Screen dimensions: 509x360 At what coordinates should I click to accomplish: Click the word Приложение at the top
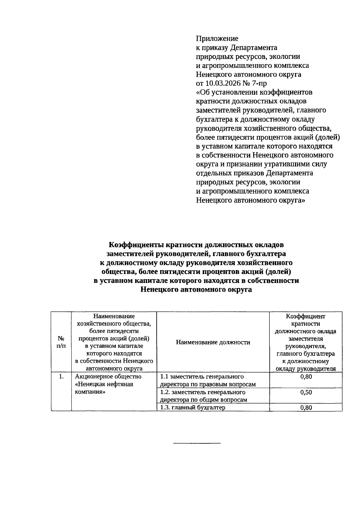point(217,38)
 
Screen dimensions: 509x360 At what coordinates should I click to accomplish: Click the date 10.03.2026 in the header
point(223,83)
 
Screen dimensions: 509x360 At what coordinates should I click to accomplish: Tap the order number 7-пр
point(258,83)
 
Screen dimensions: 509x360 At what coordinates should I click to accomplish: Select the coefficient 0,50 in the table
point(306,392)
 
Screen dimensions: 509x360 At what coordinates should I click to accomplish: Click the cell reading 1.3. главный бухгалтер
point(193,407)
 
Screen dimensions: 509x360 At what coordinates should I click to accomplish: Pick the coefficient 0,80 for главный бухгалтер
point(306,408)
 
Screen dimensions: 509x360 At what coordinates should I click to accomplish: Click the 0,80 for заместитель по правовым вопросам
point(306,377)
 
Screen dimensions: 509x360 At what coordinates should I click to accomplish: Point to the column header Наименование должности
point(213,342)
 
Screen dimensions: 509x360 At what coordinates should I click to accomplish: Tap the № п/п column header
point(61,342)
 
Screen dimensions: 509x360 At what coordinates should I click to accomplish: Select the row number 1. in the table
point(61,377)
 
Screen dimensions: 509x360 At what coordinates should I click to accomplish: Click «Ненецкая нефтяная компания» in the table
point(104,388)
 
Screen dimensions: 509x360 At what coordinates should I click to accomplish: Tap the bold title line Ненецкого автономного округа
point(196,290)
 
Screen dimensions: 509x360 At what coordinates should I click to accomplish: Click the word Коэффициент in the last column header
point(305,316)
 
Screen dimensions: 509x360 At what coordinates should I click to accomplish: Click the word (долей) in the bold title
point(278,272)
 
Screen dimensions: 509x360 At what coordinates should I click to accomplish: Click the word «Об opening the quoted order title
point(202,92)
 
